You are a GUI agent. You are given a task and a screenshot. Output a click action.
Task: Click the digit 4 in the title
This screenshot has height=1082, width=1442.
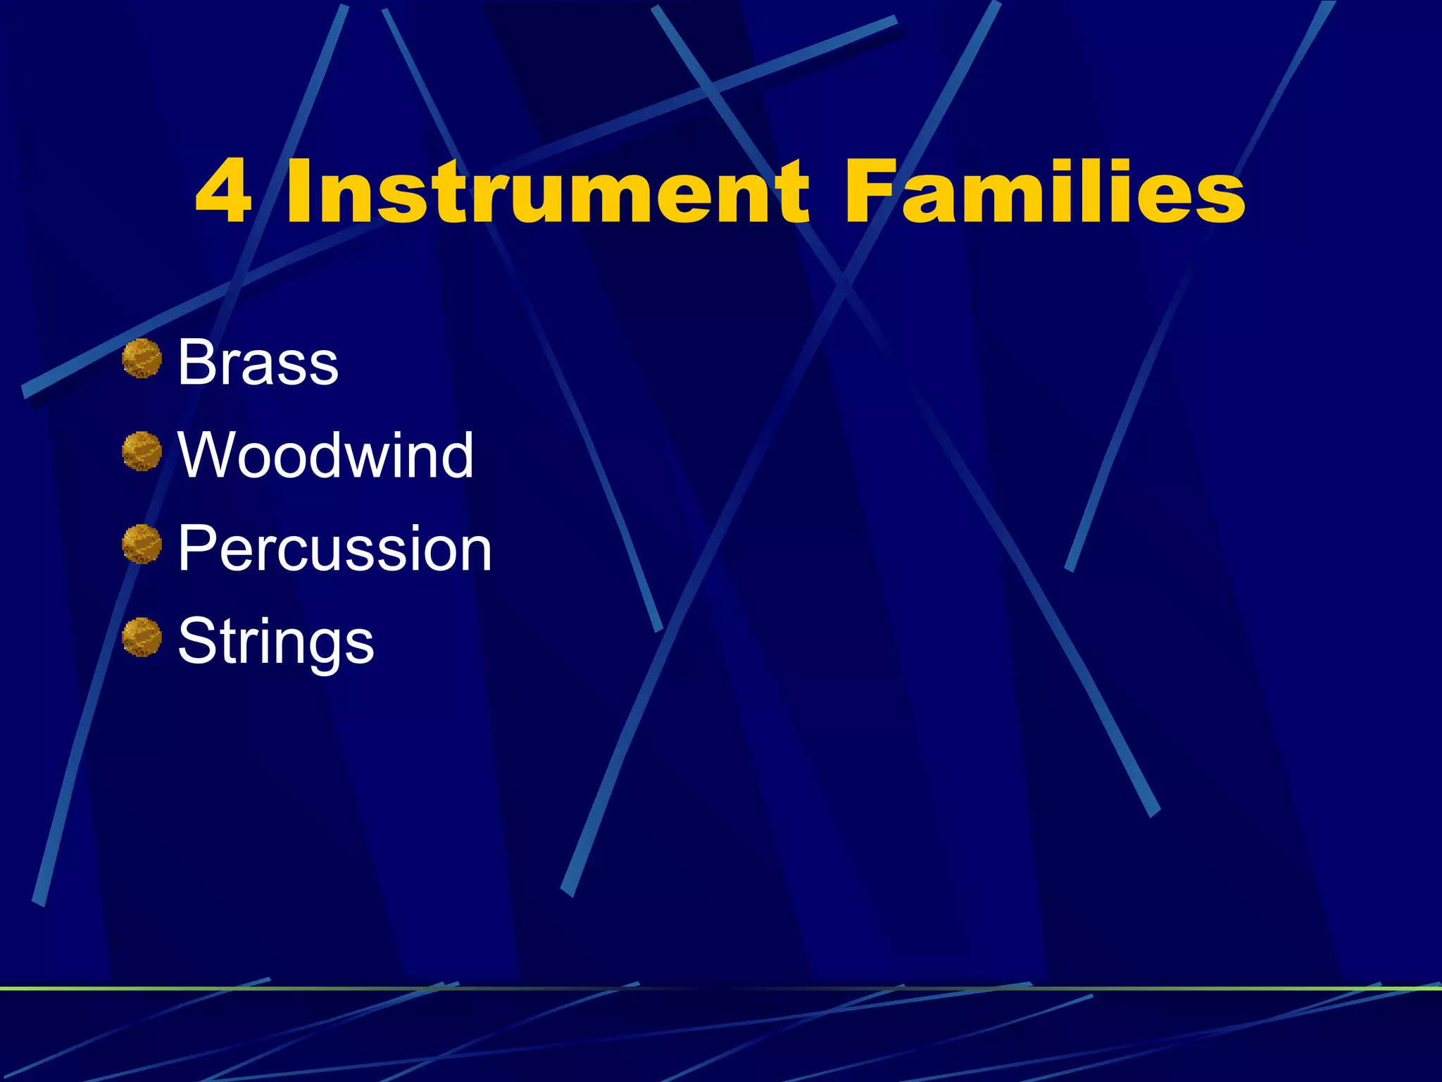(x=224, y=192)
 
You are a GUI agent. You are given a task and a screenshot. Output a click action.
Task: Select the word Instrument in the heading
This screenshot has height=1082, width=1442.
(x=548, y=192)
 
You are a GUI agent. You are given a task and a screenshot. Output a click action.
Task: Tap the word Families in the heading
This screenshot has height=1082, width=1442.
(x=1045, y=192)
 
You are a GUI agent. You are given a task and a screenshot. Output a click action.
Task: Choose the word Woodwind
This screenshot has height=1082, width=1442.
(x=325, y=455)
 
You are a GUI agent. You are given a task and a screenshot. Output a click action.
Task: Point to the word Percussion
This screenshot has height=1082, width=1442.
(x=334, y=548)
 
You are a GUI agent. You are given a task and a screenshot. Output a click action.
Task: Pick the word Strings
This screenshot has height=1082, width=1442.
(x=275, y=641)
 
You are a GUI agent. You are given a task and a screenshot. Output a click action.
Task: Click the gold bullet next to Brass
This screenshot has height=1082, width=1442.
(x=142, y=358)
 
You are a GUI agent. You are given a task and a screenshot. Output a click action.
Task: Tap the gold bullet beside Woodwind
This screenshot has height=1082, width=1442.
(x=142, y=451)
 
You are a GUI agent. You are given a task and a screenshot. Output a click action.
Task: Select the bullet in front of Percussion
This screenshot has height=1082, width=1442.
(x=142, y=544)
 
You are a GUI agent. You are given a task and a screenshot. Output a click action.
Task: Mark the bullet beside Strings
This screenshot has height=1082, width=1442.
(x=142, y=637)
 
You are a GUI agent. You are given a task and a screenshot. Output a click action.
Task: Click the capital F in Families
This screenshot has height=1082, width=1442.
(x=872, y=192)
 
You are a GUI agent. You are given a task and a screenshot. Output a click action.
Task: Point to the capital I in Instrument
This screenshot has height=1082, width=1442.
(x=301, y=192)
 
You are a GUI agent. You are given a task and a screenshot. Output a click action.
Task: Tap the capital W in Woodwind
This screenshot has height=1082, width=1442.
(x=210, y=455)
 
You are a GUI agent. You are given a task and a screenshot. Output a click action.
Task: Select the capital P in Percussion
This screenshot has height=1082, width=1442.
(x=196, y=548)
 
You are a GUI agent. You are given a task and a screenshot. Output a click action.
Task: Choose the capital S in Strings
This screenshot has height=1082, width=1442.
(x=197, y=641)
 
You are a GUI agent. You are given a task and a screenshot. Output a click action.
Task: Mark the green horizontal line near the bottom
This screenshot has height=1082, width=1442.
(x=721, y=988)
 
